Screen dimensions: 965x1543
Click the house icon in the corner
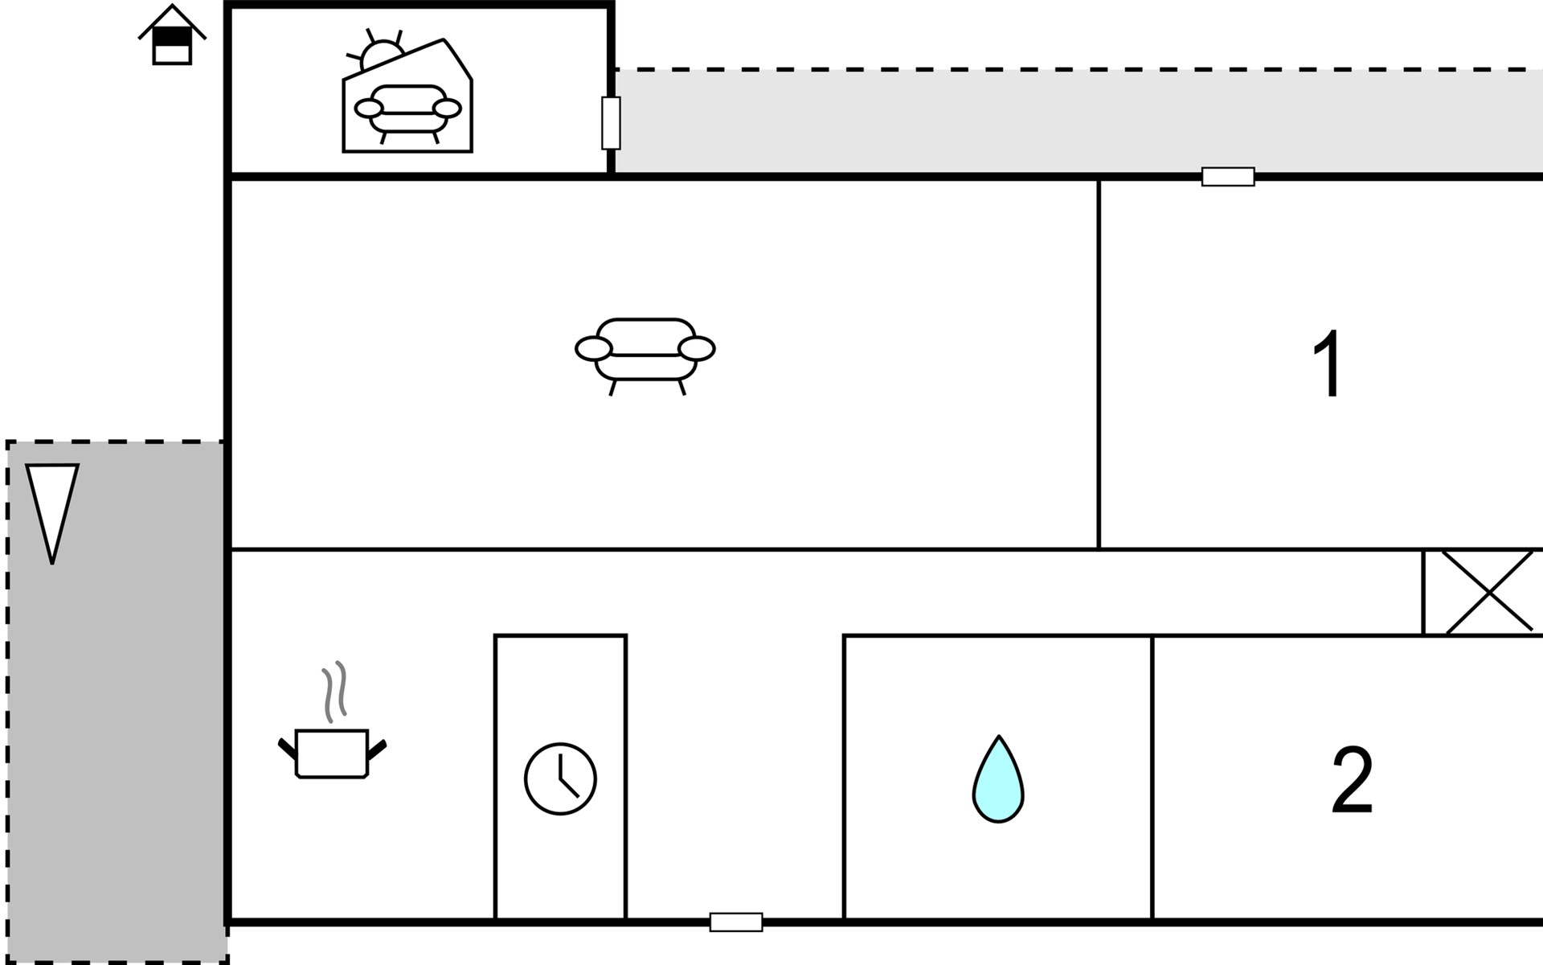pyautogui.click(x=172, y=36)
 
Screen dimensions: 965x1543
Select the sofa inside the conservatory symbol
pyautogui.click(x=407, y=111)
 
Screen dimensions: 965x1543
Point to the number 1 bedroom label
pyautogui.click(x=1328, y=364)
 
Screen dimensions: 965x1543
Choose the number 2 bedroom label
pyautogui.click(x=1352, y=781)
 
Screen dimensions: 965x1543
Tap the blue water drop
pyautogui.click(x=998, y=782)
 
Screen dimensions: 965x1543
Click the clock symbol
pyautogui.click(x=560, y=778)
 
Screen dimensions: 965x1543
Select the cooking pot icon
pyautogui.click(x=332, y=754)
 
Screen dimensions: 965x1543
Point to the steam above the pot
pyautogui.click(x=335, y=691)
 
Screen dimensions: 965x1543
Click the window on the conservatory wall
pyautogui.click(x=611, y=123)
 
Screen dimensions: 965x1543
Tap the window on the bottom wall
pyautogui.click(x=736, y=922)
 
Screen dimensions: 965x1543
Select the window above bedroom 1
pyautogui.click(x=1228, y=177)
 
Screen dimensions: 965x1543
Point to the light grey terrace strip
pyautogui.click(x=1045, y=121)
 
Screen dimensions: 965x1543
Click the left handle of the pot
pyautogui.click(x=287, y=748)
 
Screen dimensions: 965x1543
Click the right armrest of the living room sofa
pyautogui.click(x=696, y=349)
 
